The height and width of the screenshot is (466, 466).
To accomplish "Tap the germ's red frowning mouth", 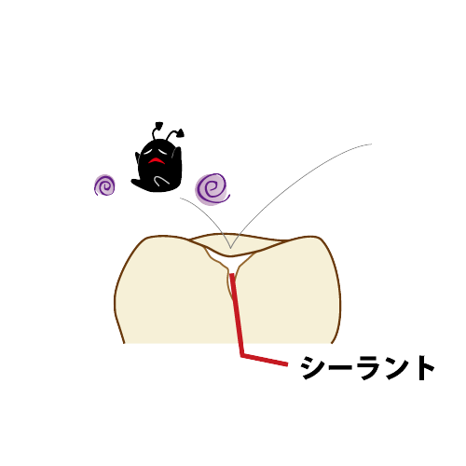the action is coord(157,160).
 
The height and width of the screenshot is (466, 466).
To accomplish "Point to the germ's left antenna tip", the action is coord(159,125).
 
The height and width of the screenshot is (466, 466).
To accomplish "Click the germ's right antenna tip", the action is coord(180,132).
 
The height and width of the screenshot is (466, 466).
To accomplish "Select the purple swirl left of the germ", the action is coord(104,185).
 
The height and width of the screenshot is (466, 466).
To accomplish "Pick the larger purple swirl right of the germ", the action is coord(212,189).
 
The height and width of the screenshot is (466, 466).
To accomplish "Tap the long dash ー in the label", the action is coord(340,367).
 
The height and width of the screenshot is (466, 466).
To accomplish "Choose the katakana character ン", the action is coord(396,368).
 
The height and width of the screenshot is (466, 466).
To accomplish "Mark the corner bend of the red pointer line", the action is coord(242,355).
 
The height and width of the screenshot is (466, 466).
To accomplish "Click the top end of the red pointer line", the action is coord(231,274).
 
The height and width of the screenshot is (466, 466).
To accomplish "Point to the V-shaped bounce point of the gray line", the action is coord(230,248).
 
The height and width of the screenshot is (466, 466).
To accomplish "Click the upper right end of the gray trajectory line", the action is coord(372,144).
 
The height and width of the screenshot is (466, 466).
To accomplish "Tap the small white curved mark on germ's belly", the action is coord(161,180).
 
